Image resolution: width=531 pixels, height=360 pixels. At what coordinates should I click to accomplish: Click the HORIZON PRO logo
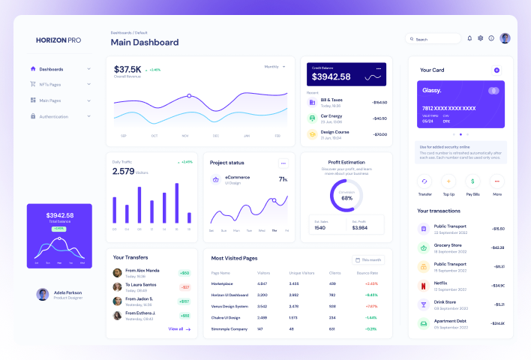pyautogui.click(x=58, y=40)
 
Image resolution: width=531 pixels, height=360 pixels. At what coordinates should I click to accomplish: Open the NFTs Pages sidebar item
pyautogui.click(x=50, y=84)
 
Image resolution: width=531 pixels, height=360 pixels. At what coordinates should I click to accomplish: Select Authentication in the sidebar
pyautogui.click(x=53, y=116)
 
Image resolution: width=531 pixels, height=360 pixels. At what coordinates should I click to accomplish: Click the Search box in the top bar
pyautogui.click(x=433, y=39)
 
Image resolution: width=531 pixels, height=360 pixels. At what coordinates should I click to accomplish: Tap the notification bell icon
pyautogui.click(x=469, y=38)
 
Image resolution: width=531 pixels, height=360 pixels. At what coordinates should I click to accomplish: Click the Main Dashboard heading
pyautogui.click(x=145, y=43)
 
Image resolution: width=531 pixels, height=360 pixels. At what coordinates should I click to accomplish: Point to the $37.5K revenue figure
pyautogui.click(x=127, y=70)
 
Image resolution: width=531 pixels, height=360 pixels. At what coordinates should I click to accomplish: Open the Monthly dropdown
pyautogui.click(x=274, y=67)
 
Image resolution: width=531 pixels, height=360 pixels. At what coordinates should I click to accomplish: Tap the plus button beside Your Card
pyautogui.click(x=496, y=70)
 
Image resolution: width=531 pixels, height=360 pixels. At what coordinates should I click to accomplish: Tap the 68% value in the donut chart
pyautogui.click(x=346, y=198)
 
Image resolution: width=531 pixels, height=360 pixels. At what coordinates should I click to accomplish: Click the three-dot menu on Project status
pyautogui.click(x=283, y=163)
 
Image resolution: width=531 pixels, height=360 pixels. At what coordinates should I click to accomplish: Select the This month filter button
pyautogui.click(x=368, y=259)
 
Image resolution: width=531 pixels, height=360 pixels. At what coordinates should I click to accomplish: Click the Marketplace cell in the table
pyautogui.click(x=222, y=284)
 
